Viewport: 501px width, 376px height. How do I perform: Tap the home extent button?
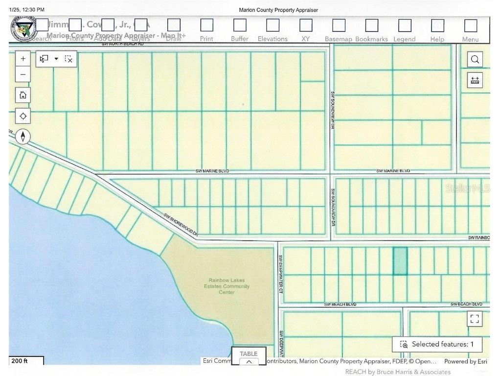pyautogui.click(x=23, y=95)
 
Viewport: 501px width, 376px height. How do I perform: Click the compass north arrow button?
pyautogui.click(x=23, y=136)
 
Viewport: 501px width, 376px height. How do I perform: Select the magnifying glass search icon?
pyautogui.click(x=475, y=60)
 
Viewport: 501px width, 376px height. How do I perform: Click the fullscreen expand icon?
pyautogui.click(x=474, y=319)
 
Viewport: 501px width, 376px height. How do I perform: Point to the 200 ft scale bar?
pyautogui.click(x=26, y=361)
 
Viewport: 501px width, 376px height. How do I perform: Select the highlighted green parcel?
pyautogui.click(x=400, y=260)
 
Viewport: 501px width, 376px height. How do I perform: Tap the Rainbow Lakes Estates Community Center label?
pyautogui.click(x=227, y=286)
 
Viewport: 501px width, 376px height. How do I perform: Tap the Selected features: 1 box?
pyautogui.click(x=437, y=344)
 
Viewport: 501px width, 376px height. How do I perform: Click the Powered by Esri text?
pyautogui.click(x=465, y=361)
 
